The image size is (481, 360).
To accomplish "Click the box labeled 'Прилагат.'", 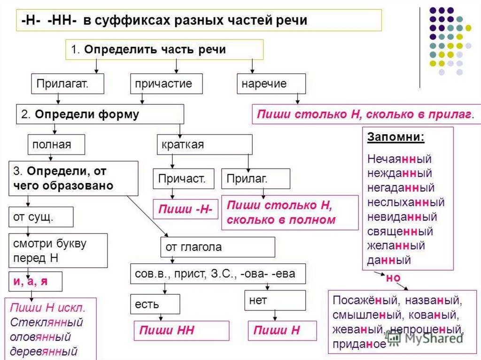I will coord(62,84).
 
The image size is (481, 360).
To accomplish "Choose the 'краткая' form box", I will coord(204,145).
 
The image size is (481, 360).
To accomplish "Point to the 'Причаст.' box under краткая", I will coord(183,179).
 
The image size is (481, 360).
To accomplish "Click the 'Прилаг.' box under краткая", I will coord(256,179).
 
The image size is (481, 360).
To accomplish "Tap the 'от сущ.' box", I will coord(41,217).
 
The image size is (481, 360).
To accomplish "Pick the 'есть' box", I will coord(155,304).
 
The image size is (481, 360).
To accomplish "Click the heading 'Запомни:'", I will coord(396,138).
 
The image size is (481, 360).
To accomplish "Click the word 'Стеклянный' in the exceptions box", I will coord(46,323).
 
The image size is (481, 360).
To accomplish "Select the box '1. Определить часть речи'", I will coord(163,50).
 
